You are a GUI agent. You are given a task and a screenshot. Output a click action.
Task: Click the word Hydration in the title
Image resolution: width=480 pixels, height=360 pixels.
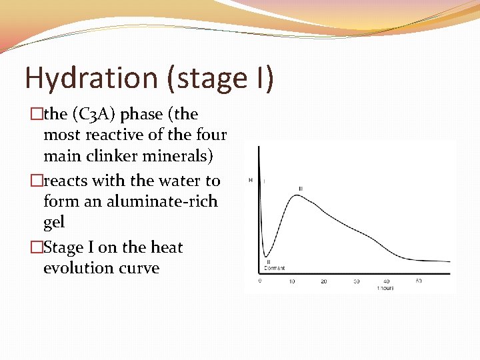(x=91, y=78)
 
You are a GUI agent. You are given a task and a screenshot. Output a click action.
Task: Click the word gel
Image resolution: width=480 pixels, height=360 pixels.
(x=53, y=221)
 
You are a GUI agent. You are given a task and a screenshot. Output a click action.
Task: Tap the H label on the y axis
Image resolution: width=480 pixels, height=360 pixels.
(x=251, y=180)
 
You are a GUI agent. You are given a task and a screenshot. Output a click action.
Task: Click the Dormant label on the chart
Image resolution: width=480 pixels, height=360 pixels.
(x=275, y=268)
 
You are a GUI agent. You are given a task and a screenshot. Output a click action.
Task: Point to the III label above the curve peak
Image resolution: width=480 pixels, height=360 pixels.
(x=301, y=189)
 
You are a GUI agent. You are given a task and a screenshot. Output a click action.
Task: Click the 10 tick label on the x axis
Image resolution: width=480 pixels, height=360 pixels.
(x=292, y=281)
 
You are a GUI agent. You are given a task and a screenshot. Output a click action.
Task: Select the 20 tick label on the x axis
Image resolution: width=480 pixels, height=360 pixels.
(x=324, y=281)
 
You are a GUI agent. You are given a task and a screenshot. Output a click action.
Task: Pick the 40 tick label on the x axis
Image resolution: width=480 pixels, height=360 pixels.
(x=387, y=281)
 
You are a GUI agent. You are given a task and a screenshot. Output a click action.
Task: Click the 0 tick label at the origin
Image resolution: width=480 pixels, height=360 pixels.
(x=260, y=281)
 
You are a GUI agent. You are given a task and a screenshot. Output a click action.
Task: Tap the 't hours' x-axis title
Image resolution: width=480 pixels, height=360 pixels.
(x=385, y=288)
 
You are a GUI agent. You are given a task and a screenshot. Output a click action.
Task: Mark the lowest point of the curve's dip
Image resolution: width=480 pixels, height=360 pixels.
(x=266, y=256)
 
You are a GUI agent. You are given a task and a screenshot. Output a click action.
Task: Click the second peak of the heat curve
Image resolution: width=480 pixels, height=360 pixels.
(x=296, y=195)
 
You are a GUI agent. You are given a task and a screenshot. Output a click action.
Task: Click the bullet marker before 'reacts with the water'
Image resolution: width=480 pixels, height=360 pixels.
(x=36, y=181)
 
